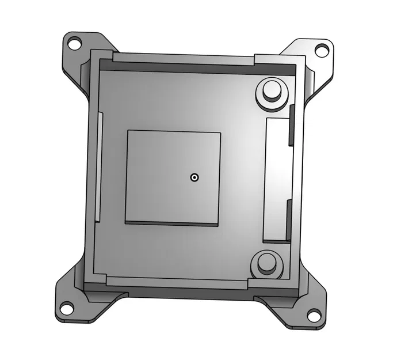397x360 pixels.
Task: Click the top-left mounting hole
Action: click(x=74, y=43)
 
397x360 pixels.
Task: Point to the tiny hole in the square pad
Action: click(x=195, y=177)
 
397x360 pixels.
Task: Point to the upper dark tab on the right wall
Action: click(x=291, y=124)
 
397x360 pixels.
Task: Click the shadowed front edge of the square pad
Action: click(x=172, y=223)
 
